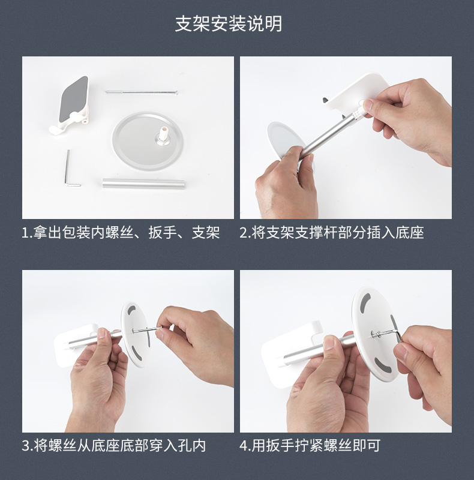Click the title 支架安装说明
[229, 24]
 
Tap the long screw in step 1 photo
[142, 92]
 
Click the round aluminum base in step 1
[148, 141]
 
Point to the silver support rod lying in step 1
[143, 184]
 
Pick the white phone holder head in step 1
[71, 104]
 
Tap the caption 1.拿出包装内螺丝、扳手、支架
[121, 233]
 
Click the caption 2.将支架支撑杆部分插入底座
[332, 233]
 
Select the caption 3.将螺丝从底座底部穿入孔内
[114, 445]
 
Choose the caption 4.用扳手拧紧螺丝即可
[310, 445]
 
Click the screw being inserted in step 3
[147, 329]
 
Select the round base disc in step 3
[136, 334]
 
